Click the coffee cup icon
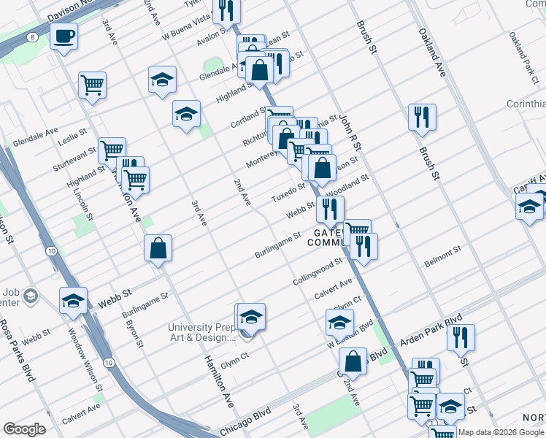(x=64, y=35)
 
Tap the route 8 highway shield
(x=33, y=36)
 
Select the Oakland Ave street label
(x=431, y=53)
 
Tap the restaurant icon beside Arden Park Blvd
(x=461, y=337)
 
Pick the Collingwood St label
(x=318, y=272)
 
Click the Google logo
(x=24, y=429)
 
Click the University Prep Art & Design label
(x=203, y=332)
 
